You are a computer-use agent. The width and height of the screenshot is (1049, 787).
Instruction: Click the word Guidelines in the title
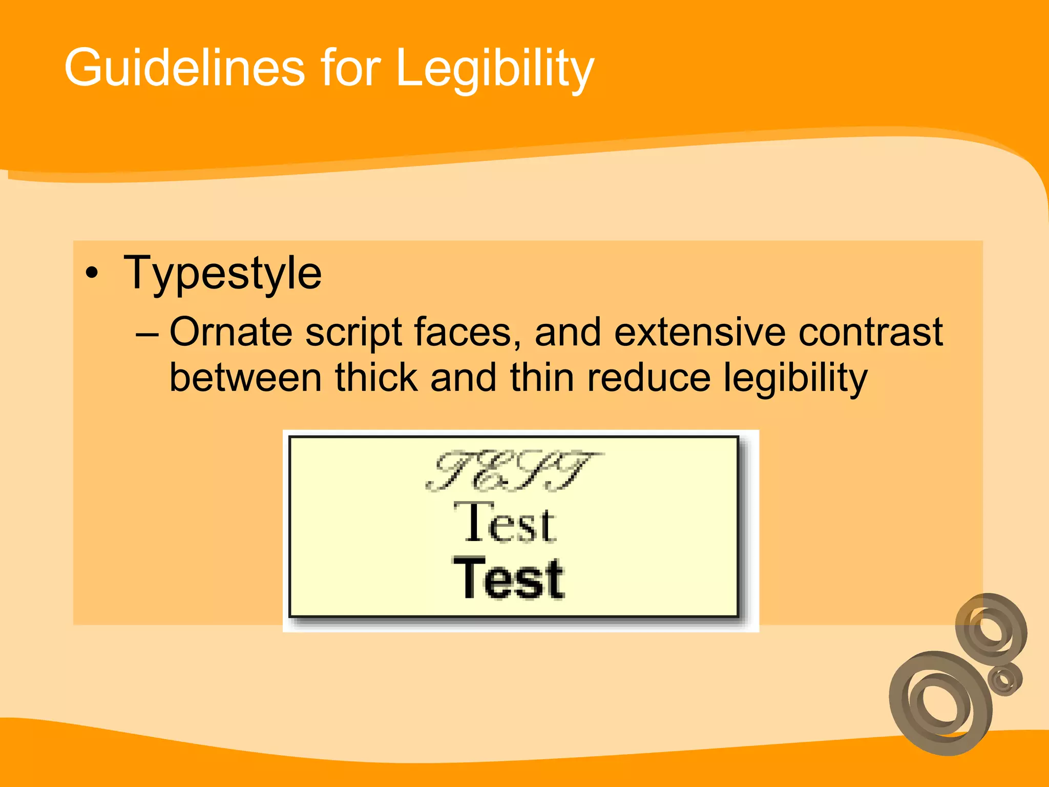pyautogui.click(x=184, y=68)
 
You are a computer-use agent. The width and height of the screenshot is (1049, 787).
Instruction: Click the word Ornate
pyautogui.click(x=230, y=333)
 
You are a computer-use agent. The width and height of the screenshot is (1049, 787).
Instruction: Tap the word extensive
pyautogui.click(x=700, y=333)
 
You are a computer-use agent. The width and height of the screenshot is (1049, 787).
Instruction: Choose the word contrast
pyautogui.click(x=870, y=333)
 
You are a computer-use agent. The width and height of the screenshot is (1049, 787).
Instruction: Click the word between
pyautogui.click(x=245, y=378)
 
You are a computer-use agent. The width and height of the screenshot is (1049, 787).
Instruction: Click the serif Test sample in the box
pyautogui.click(x=505, y=523)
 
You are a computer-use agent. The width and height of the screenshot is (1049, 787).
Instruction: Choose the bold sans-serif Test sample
pyautogui.click(x=509, y=578)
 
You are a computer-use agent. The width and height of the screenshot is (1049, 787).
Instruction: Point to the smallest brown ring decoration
pyautogui.click(x=1004, y=679)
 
